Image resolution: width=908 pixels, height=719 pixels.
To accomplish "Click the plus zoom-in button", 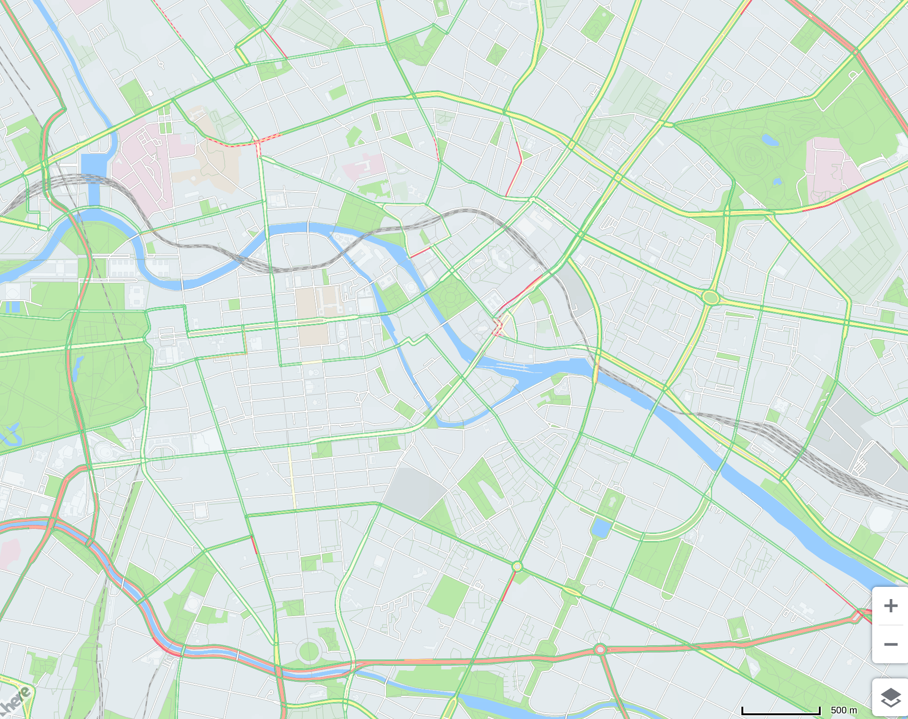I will [891, 606].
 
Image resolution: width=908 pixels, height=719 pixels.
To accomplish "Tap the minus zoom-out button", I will [891, 644].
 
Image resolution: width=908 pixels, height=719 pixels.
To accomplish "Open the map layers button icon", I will [891, 698].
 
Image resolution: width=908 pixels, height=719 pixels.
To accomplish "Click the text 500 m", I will [843, 710].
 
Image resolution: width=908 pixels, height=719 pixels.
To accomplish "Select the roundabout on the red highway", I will [600, 650].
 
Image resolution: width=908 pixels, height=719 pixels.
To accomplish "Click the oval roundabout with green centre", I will [710, 297].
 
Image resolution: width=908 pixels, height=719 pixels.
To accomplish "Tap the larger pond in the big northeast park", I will [770, 140].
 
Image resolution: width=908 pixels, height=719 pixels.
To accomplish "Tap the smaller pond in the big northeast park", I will [777, 181].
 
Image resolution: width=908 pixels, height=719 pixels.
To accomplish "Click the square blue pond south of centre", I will [601, 528].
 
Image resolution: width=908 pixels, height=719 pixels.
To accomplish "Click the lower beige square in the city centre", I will [313, 334].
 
